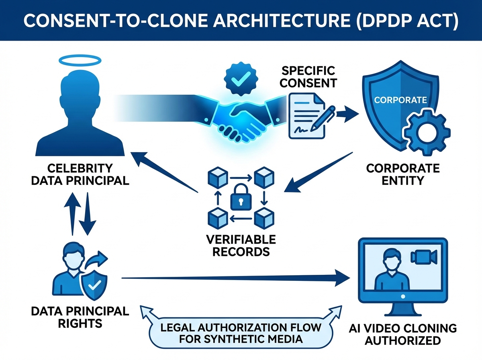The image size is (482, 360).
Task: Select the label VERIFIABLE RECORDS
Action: pos(241,246)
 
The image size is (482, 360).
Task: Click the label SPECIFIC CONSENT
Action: pos(308,77)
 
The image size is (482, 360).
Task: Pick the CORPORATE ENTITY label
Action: pos(403,174)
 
